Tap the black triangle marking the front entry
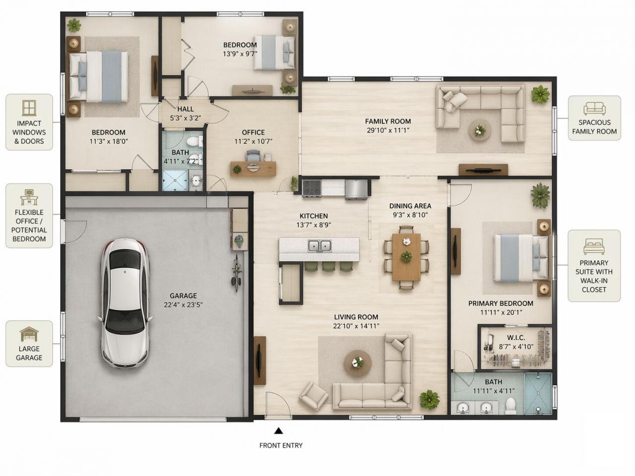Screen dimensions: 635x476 click(278, 431)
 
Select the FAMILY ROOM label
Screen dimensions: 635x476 click(387, 121)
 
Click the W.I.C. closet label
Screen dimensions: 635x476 click(516, 338)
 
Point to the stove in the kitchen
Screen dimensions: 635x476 click(312, 188)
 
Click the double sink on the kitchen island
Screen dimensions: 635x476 click(319, 246)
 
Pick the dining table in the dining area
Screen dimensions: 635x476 click(406, 257)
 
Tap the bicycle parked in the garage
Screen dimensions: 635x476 click(236, 273)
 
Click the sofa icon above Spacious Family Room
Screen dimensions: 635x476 click(594, 109)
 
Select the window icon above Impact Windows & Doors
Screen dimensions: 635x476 click(29, 108)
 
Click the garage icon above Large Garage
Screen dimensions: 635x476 click(29, 334)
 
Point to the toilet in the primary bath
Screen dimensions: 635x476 click(510, 405)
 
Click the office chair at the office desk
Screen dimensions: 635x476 click(254, 156)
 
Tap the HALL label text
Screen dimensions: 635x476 click(186, 109)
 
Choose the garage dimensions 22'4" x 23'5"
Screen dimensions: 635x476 click(183, 304)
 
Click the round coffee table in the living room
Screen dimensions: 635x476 click(358, 363)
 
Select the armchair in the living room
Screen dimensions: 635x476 click(314, 396)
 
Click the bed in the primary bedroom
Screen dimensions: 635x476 click(521, 258)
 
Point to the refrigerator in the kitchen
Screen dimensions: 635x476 click(356, 189)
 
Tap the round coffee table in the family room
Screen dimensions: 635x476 click(480, 130)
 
